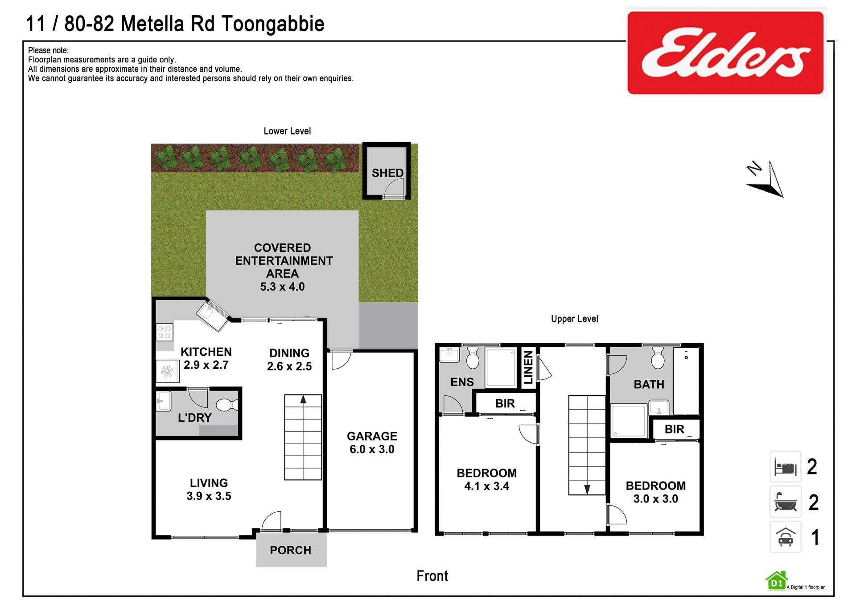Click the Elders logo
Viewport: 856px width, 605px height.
(x=725, y=53)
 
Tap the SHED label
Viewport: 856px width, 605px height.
(x=387, y=173)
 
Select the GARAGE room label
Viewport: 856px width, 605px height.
(x=372, y=436)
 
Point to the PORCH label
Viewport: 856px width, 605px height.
(x=290, y=550)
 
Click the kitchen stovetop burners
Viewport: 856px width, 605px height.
(x=165, y=333)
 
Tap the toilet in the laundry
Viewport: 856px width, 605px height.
(x=227, y=405)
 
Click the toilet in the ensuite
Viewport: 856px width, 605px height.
(x=473, y=358)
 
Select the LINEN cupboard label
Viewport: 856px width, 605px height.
(x=528, y=367)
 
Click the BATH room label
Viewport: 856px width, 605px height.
(x=649, y=384)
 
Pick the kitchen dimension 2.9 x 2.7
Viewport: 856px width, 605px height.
(x=206, y=365)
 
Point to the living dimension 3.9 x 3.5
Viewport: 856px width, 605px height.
(x=209, y=496)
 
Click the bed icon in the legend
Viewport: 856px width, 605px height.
(x=785, y=467)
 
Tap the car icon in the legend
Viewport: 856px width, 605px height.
(x=785, y=537)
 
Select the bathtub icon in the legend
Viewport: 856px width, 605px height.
(x=785, y=502)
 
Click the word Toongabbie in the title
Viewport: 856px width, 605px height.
(x=273, y=25)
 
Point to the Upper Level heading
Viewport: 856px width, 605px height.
(x=574, y=319)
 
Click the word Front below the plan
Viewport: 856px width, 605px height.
(x=432, y=576)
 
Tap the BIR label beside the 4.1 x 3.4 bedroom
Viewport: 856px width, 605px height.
(x=505, y=403)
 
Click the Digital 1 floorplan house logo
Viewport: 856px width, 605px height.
(x=776, y=581)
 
